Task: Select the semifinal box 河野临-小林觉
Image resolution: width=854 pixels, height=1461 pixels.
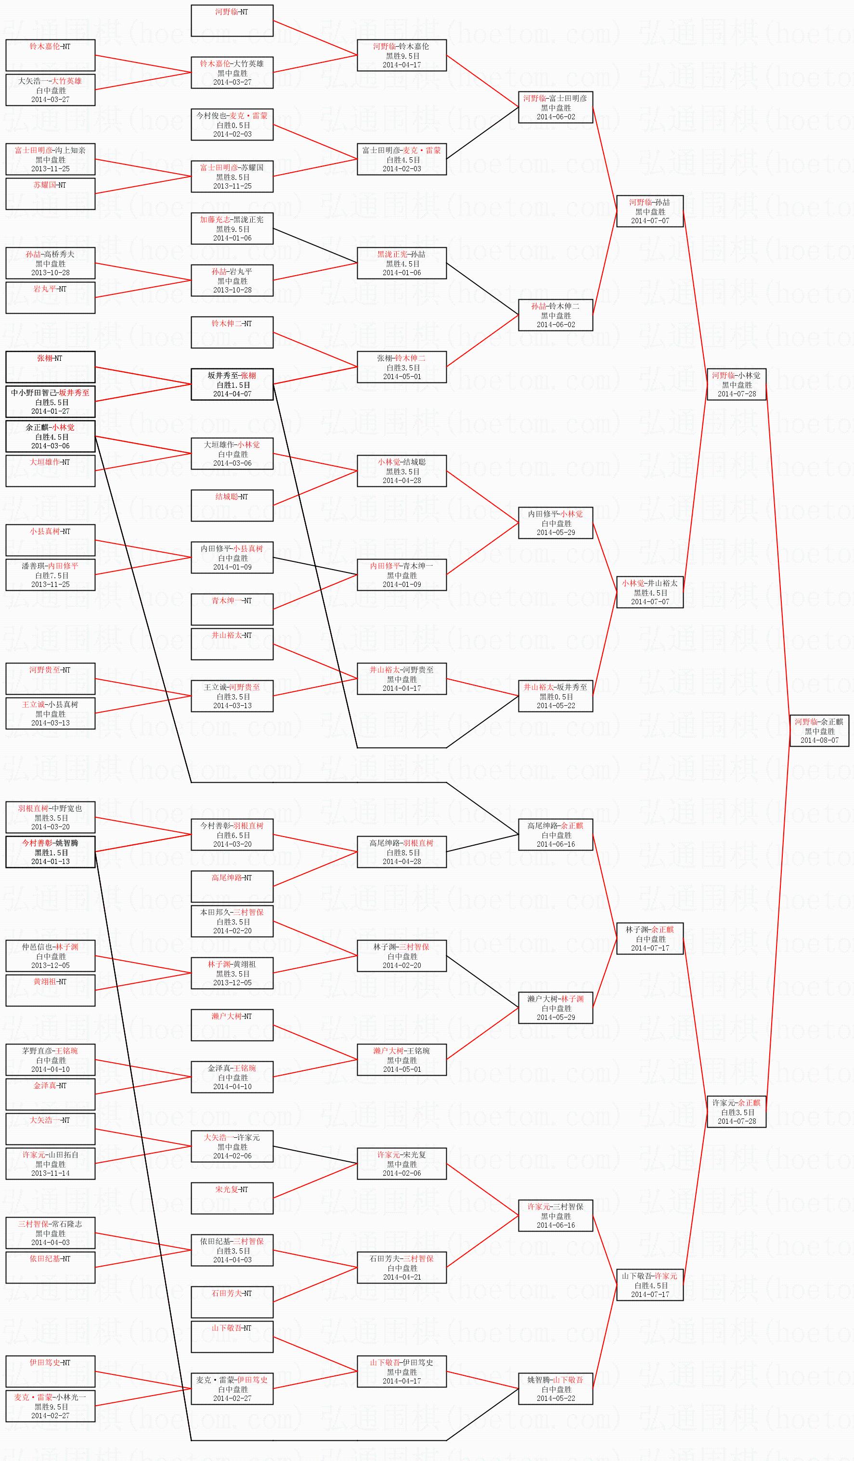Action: coord(736,384)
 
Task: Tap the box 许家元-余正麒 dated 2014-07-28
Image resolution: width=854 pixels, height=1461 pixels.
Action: coord(736,1111)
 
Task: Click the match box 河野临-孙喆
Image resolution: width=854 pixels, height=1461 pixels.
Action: coord(649,211)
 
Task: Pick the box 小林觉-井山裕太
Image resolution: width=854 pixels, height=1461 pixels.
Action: coord(649,592)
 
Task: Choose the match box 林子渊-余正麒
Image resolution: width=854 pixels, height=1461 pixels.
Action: coord(649,938)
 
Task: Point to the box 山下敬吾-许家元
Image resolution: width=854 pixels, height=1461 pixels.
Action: coord(649,1285)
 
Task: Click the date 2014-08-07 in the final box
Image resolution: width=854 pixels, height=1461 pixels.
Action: coord(819,740)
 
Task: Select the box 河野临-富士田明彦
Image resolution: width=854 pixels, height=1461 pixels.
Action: coord(555,107)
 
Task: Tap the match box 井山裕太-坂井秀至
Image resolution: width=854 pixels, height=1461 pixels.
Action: coord(555,696)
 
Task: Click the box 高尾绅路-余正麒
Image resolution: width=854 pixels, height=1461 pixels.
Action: coord(555,834)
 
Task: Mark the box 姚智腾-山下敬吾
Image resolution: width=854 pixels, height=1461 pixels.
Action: coord(555,1388)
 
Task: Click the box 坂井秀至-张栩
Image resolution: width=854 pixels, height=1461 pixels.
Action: coord(232,384)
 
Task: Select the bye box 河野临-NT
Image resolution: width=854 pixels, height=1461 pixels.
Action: coord(232,20)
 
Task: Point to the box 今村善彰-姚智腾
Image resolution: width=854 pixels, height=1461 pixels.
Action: coord(51,851)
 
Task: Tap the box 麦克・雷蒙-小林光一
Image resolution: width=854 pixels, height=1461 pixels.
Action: coord(51,1406)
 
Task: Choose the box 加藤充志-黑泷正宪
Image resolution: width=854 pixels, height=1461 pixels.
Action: coord(232,229)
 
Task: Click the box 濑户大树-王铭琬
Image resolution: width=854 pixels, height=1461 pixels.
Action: coord(401,1060)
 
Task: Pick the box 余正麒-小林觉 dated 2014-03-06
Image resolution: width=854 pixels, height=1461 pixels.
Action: coord(51,436)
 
